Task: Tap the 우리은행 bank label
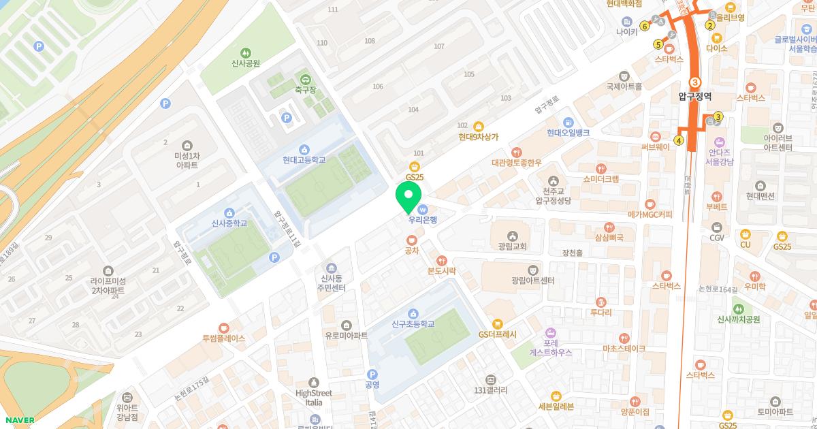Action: click(422, 220)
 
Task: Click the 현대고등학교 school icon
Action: click(304, 148)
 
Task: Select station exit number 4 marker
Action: click(678, 141)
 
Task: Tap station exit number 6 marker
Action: click(644, 27)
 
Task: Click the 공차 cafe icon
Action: click(411, 240)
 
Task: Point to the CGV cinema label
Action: click(717, 238)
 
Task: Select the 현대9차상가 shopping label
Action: click(478, 136)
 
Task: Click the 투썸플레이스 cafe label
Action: click(223, 338)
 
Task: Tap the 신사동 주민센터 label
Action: click(332, 283)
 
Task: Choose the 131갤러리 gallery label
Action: click(490, 390)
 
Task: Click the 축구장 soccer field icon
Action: click(304, 78)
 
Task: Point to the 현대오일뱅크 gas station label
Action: click(568, 133)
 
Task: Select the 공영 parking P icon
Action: click(372, 374)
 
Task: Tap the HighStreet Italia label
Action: click(313, 398)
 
